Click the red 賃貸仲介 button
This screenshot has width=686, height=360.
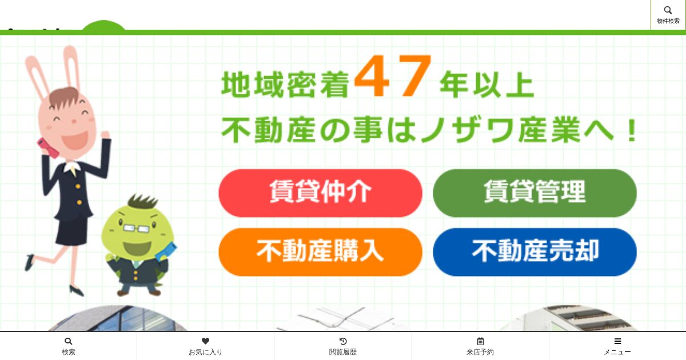point(320,193)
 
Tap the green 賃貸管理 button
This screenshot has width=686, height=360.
point(535,193)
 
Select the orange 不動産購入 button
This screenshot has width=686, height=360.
point(320,252)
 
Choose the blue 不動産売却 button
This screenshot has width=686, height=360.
point(535,252)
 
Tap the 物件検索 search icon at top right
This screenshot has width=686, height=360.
point(668,10)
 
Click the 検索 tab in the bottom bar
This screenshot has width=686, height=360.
point(68,346)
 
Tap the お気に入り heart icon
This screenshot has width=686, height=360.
point(205,341)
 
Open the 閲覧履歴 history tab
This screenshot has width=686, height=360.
point(342,346)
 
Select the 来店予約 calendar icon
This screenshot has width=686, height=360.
point(480,341)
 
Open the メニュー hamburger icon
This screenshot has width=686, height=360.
point(618,341)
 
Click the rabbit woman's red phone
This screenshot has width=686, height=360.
point(48,148)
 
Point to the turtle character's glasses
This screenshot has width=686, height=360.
point(136,228)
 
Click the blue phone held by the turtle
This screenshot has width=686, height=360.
point(166,251)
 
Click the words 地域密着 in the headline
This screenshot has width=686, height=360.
point(285,85)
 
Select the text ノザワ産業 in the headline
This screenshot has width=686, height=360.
point(501,130)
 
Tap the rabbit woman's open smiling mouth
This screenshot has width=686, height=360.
point(74,139)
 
